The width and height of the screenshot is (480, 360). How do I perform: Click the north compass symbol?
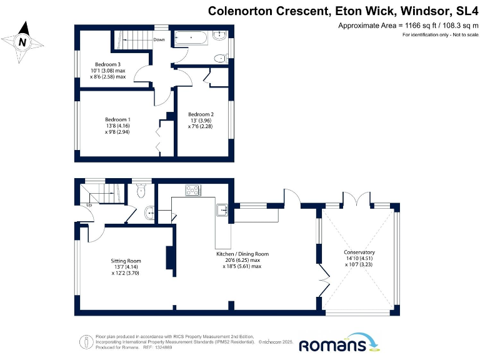(23, 41)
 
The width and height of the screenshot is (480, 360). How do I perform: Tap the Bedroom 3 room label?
(107, 64)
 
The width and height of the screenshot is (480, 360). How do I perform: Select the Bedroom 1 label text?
(117, 119)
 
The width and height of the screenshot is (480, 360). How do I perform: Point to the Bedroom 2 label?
(201, 114)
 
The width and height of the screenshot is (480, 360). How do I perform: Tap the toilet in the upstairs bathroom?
(219, 59)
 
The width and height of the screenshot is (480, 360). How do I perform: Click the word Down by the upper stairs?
(159, 40)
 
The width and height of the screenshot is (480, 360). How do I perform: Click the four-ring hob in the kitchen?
(192, 190)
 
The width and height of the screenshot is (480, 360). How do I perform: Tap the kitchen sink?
(222, 209)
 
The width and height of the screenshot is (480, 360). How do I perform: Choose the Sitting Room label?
(126, 261)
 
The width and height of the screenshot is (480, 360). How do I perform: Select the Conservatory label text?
(359, 252)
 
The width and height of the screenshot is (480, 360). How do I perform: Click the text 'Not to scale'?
(459, 35)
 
